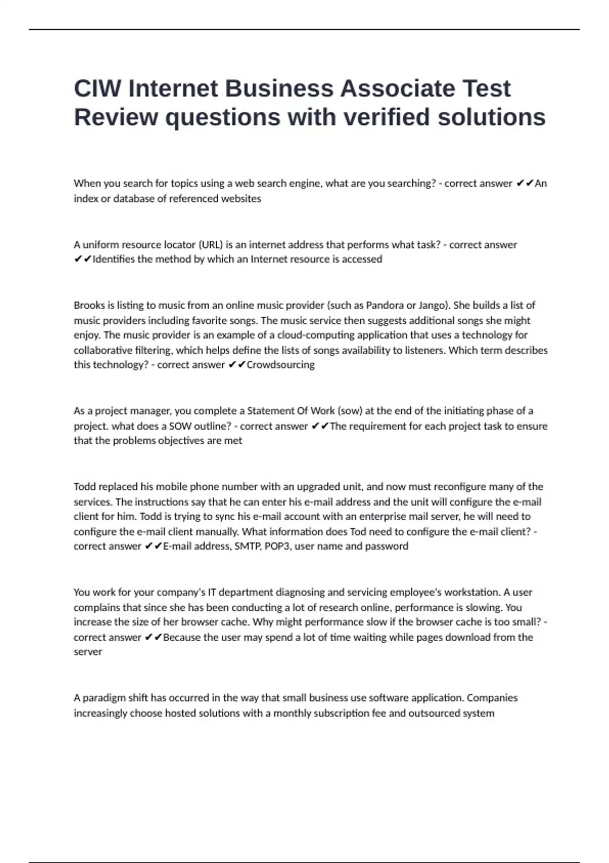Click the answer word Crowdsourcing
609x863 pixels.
pyautogui.click(x=280, y=365)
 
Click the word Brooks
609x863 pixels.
pyautogui.click(x=88, y=306)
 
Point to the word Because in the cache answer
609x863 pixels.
pyautogui.click(x=182, y=638)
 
